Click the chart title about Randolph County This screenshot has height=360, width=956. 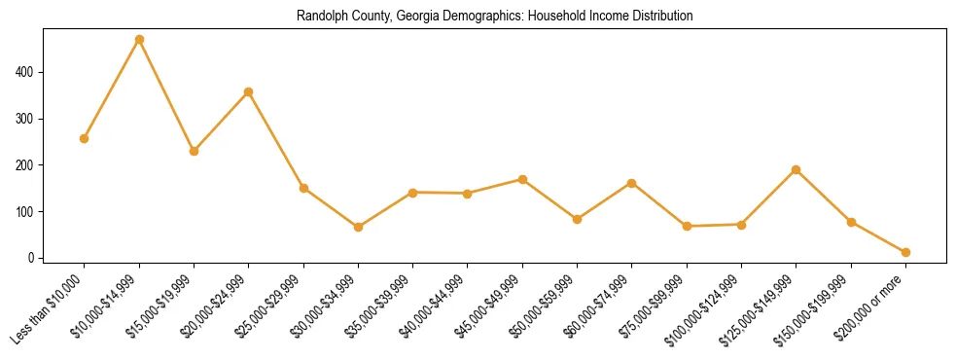(495, 17)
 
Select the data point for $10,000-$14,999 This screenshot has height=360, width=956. (139, 40)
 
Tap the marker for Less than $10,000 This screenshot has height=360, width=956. (85, 138)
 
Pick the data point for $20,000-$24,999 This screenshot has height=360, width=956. (249, 91)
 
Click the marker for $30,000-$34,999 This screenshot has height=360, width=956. (359, 227)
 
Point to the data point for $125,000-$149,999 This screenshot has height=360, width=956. (797, 169)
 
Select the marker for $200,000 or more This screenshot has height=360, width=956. (905, 252)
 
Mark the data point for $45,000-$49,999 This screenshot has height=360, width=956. (523, 179)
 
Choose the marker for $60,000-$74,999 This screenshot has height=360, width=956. (632, 183)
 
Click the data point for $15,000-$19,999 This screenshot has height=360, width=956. (195, 151)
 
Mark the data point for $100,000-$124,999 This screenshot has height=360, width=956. (742, 225)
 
